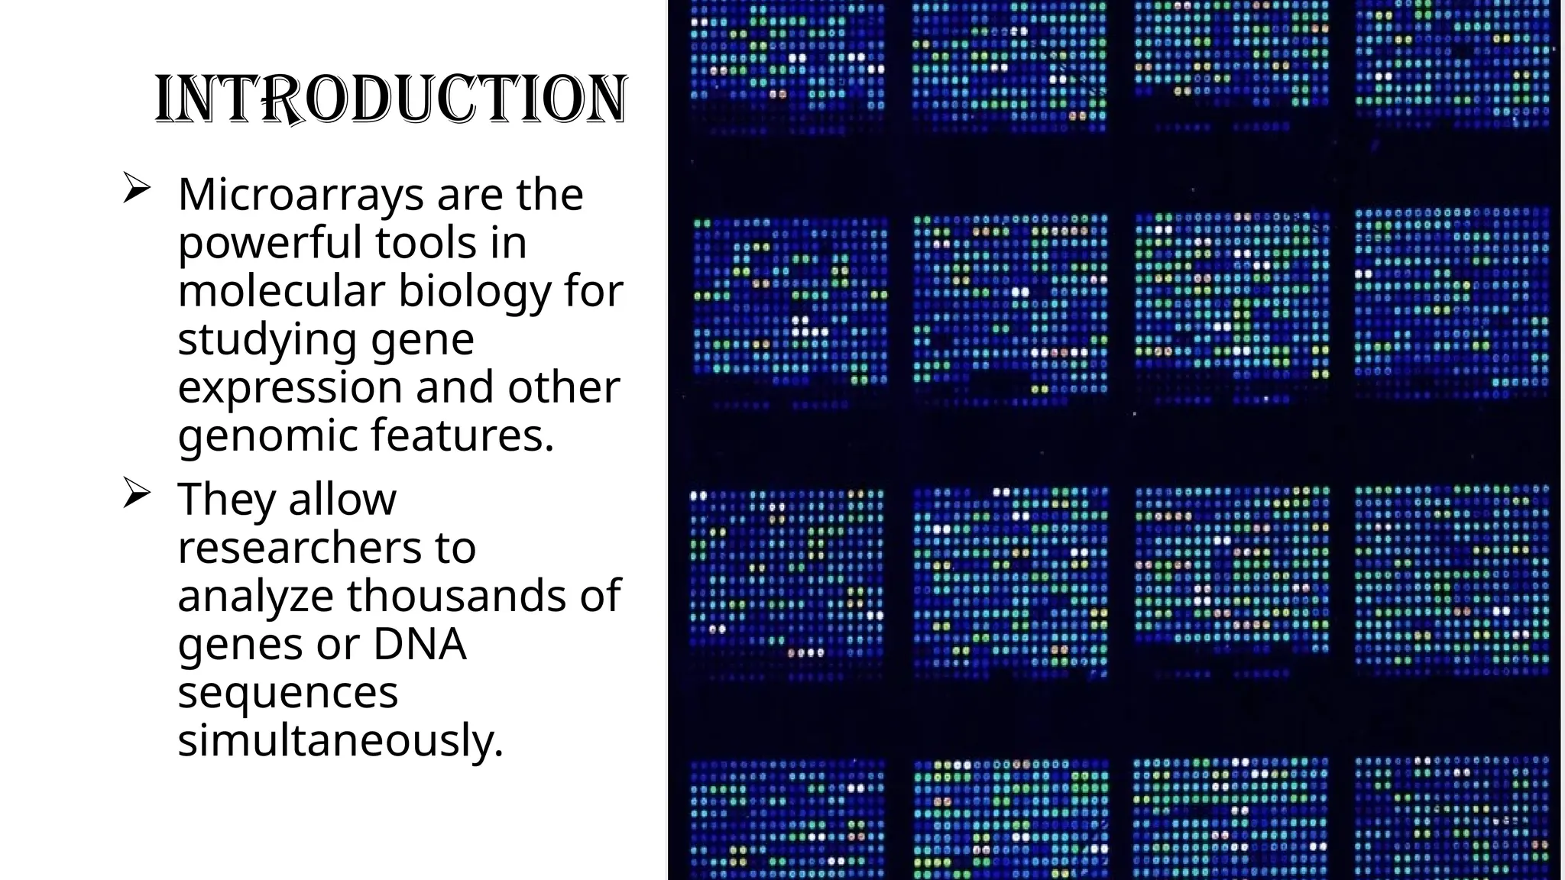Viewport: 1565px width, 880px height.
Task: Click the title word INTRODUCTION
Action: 391,100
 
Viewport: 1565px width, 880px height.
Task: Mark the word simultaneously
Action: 341,740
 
